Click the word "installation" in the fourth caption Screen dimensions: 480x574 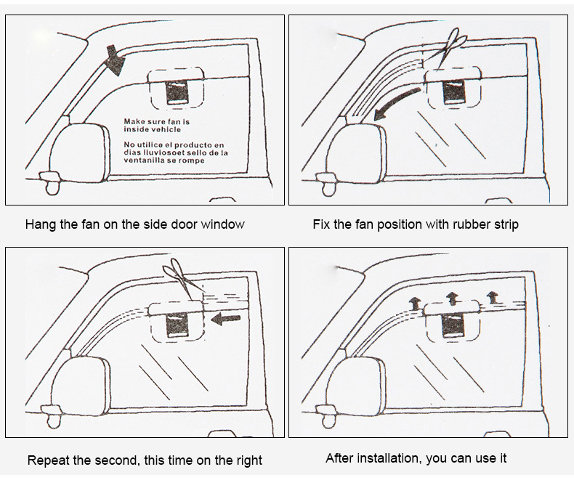pyautogui.click(x=395, y=458)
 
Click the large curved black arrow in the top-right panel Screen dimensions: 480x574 pyautogui.click(x=396, y=102)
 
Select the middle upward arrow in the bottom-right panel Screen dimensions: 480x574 pyautogui.click(x=453, y=297)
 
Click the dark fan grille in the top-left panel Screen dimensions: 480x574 pyautogui.click(x=177, y=93)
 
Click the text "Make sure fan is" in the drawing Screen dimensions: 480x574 pyautogui.click(x=156, y=121)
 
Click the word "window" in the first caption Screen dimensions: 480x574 pyautogui.click(x=223, y=224)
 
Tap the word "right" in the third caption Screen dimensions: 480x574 pyautogui.click(x=248, y=460)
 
